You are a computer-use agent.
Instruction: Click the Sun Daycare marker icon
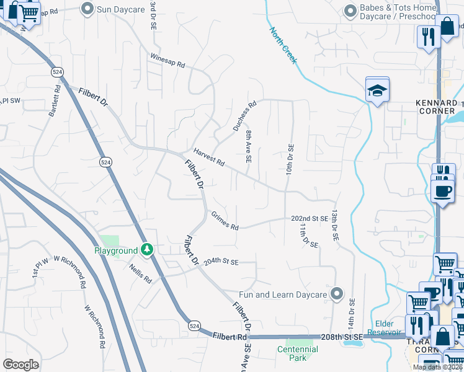point(88,9)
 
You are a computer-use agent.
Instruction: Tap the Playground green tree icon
point(147,250)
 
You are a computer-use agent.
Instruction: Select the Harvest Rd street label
point(208,157)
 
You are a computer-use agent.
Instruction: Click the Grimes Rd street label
point(224,222)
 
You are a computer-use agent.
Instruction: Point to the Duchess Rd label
point(244,117)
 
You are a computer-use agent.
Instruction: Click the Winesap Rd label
point(167,60)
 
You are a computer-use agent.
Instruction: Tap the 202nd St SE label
point(310,219)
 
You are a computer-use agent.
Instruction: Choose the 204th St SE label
point(221,262)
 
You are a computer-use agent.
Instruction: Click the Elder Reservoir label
point(389,327)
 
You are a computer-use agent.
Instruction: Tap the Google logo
point(20,365)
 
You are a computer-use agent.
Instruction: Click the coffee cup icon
point(442,190)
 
